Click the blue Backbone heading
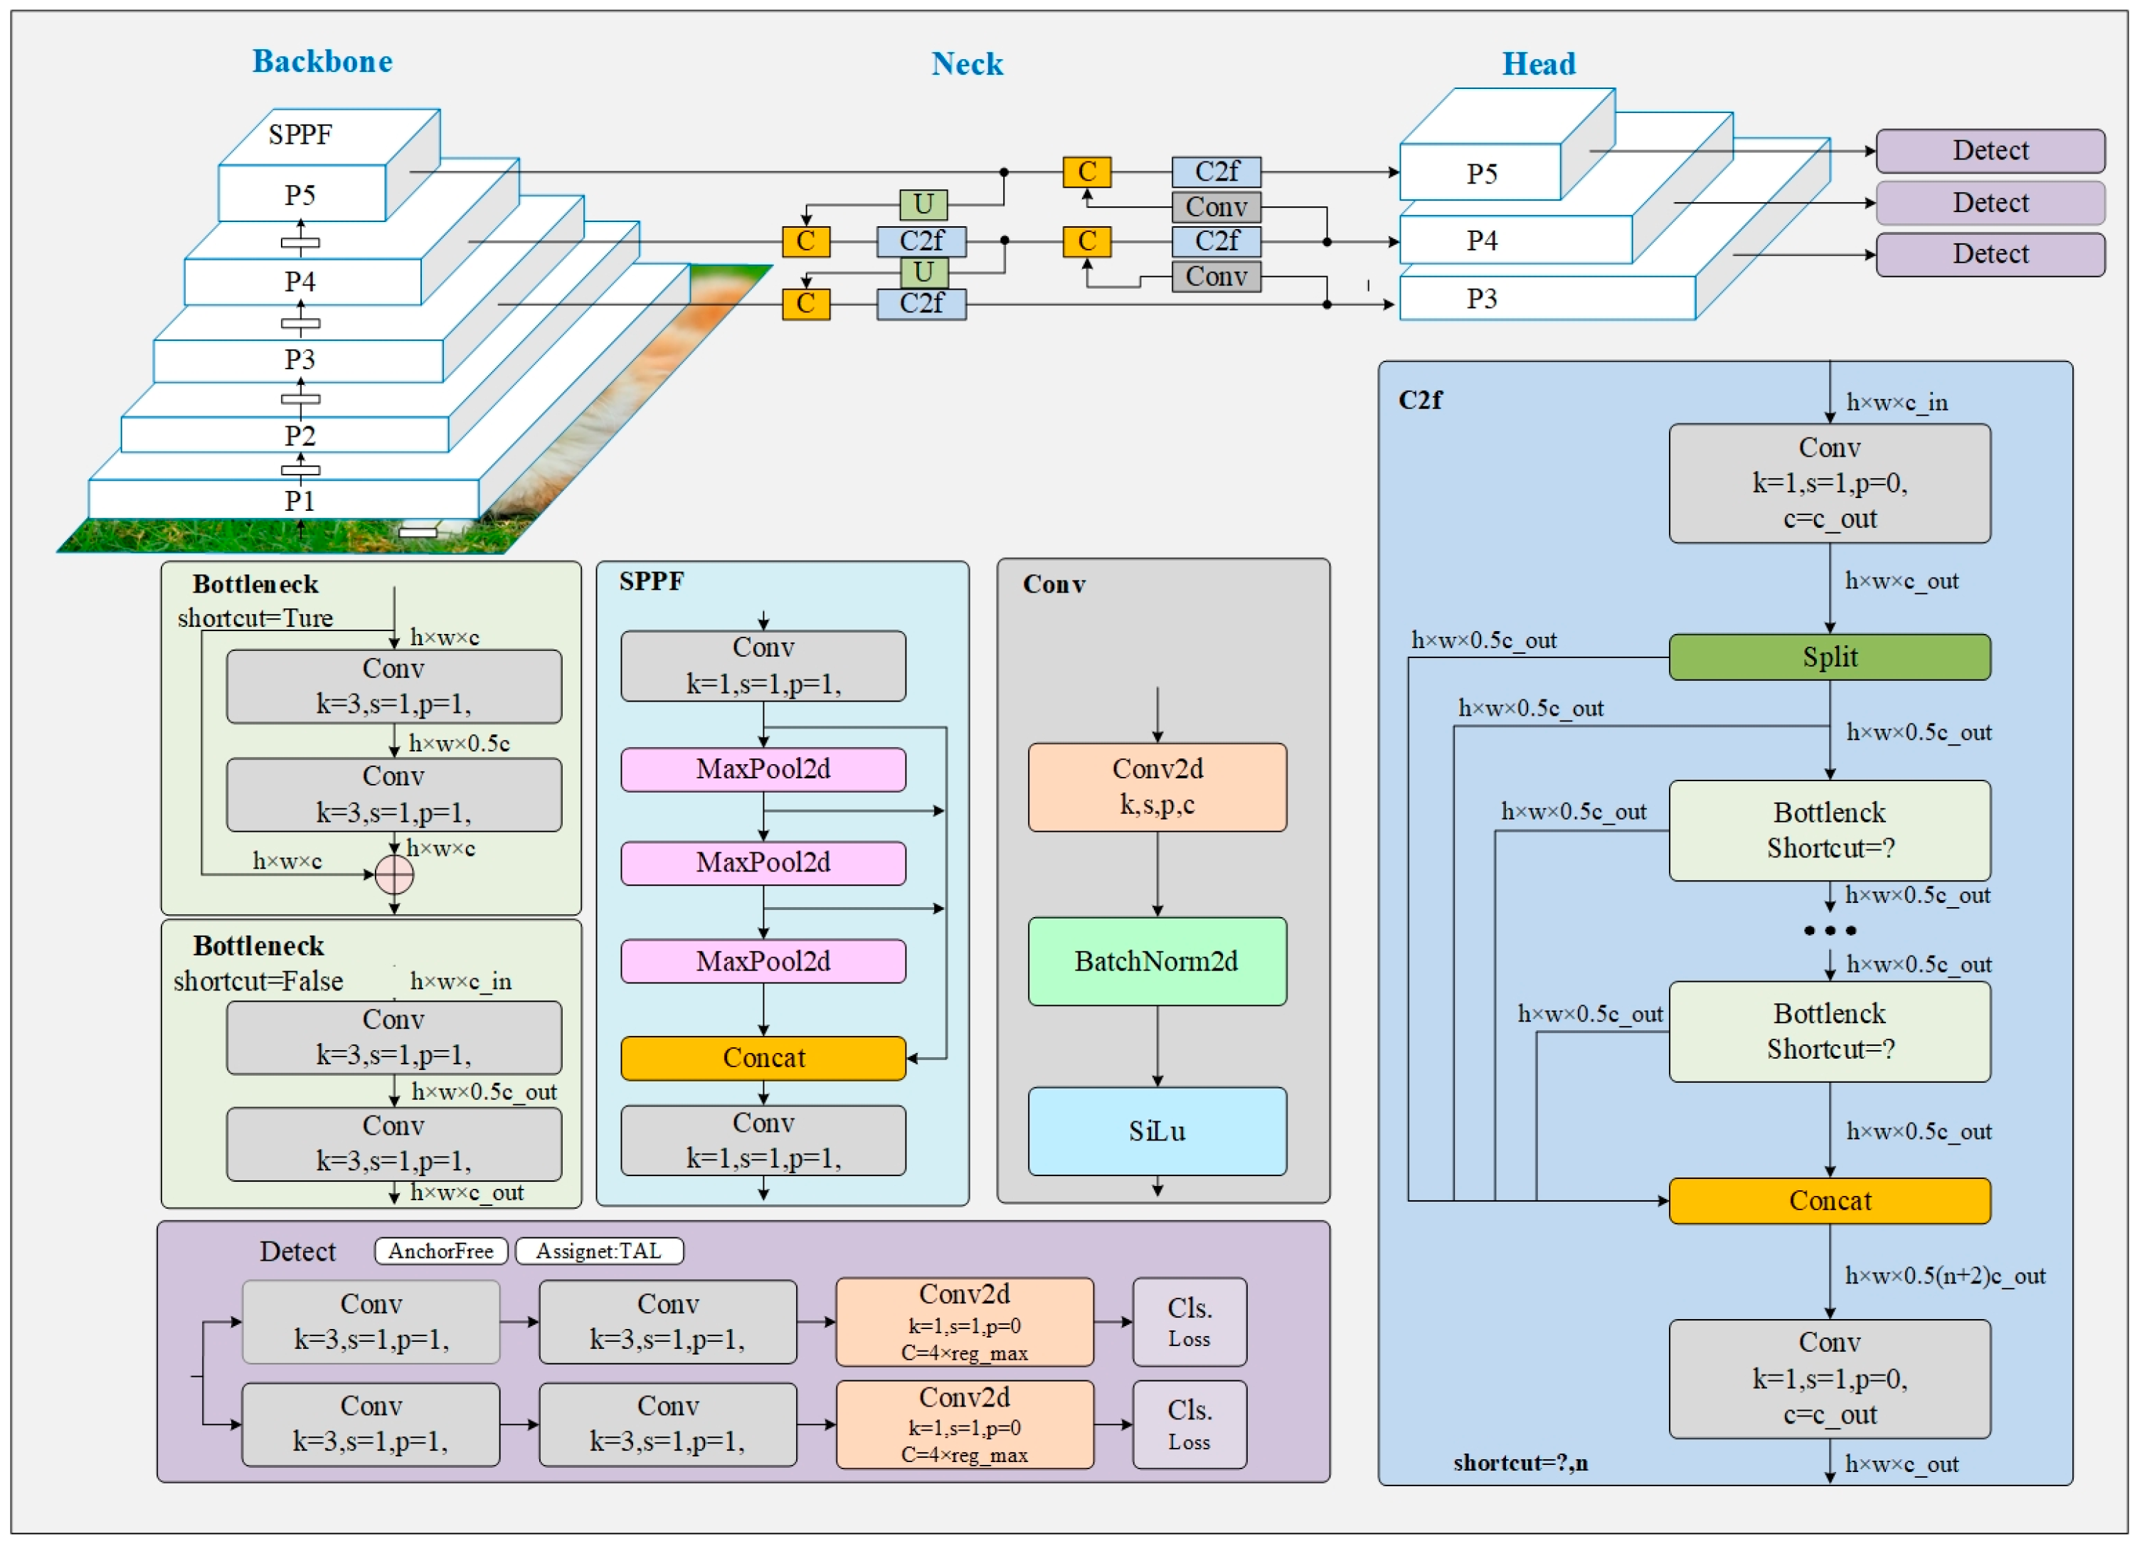(x=322, y=61)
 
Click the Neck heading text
(x=966, y=63)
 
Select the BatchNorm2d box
(x=1156, y=962)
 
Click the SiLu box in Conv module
(x=1156, y=1132)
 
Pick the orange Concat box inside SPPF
(x=763, y=1058)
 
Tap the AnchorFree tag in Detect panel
(x=441, y=1251)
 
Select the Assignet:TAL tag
(x=599, y=1251)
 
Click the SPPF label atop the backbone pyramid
(x=300, y=134)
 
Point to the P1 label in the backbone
(x=299, y=501)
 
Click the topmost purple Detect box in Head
(x=1990, y=150)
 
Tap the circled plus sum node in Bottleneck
(x=394, y=874)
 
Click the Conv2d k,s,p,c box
(x=1156, y=787)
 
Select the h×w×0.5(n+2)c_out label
(x=1945, y=1276)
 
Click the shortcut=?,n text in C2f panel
(x=1520, y=1463)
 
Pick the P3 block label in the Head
(x=1481, y=300)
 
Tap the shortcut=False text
(x=258, y=981)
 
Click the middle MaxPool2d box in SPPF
(x=763, y=862)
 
